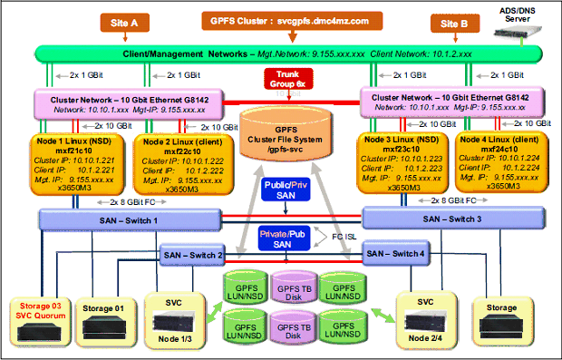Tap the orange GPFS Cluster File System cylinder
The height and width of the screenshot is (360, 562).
[x=284, y=136]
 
